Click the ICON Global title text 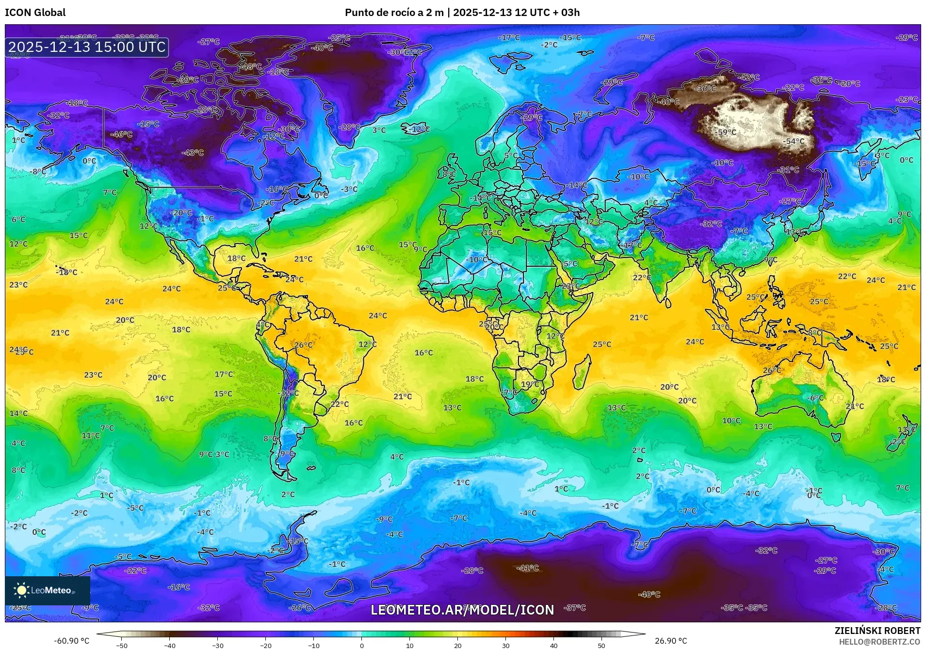point(35,13)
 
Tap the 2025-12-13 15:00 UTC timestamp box point(87,47)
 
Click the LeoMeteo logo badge point(47,590)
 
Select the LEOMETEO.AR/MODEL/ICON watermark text point(462,610)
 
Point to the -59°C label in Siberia point(726,132)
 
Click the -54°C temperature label point(794,141)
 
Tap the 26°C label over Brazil point(303,345)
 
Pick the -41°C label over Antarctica point(528,568)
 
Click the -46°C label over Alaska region point(121,134)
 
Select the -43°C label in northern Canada point(193,152)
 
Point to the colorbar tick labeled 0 point(362,645)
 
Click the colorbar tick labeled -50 point(122,645)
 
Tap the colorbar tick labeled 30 point(506,645)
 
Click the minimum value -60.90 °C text point(71,641)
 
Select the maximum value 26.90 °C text point(671,641)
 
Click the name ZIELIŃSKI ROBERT point(877,631)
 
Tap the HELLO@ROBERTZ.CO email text point(879,641)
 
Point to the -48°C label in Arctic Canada point(251,66)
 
